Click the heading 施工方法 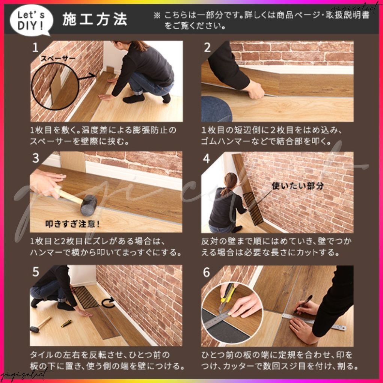tap(95, 20)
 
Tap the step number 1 tap(35, 48)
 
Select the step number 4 tap(206, 158)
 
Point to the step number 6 tap(207, 272)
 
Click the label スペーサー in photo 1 tap(58, 59)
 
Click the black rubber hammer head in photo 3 tap(89, 205)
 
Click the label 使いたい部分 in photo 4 tap(297, 185)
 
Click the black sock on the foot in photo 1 tap(134, 99)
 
